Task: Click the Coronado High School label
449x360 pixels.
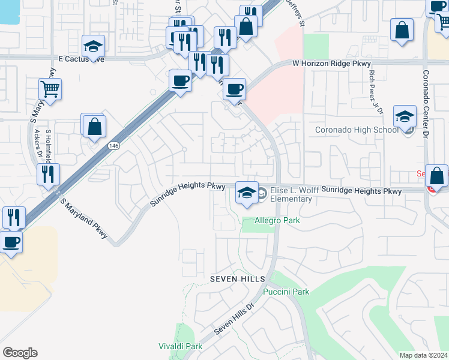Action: pos(357,130)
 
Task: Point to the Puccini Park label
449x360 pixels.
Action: pos(286,292)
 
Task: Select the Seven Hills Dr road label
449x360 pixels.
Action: pos(235,319)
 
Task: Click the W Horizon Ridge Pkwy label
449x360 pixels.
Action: pos(331,63)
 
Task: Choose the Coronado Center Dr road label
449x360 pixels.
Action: pos(426,105)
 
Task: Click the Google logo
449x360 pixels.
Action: pos(20,353)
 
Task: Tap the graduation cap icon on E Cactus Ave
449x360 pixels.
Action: pos(93,46)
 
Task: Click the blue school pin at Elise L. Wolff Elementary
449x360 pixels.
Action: pos(247,192)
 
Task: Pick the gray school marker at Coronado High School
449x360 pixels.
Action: pos(405,115)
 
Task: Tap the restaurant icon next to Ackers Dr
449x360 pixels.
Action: pos(48,174)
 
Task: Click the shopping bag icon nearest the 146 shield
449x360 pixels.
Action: pos(94,127)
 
